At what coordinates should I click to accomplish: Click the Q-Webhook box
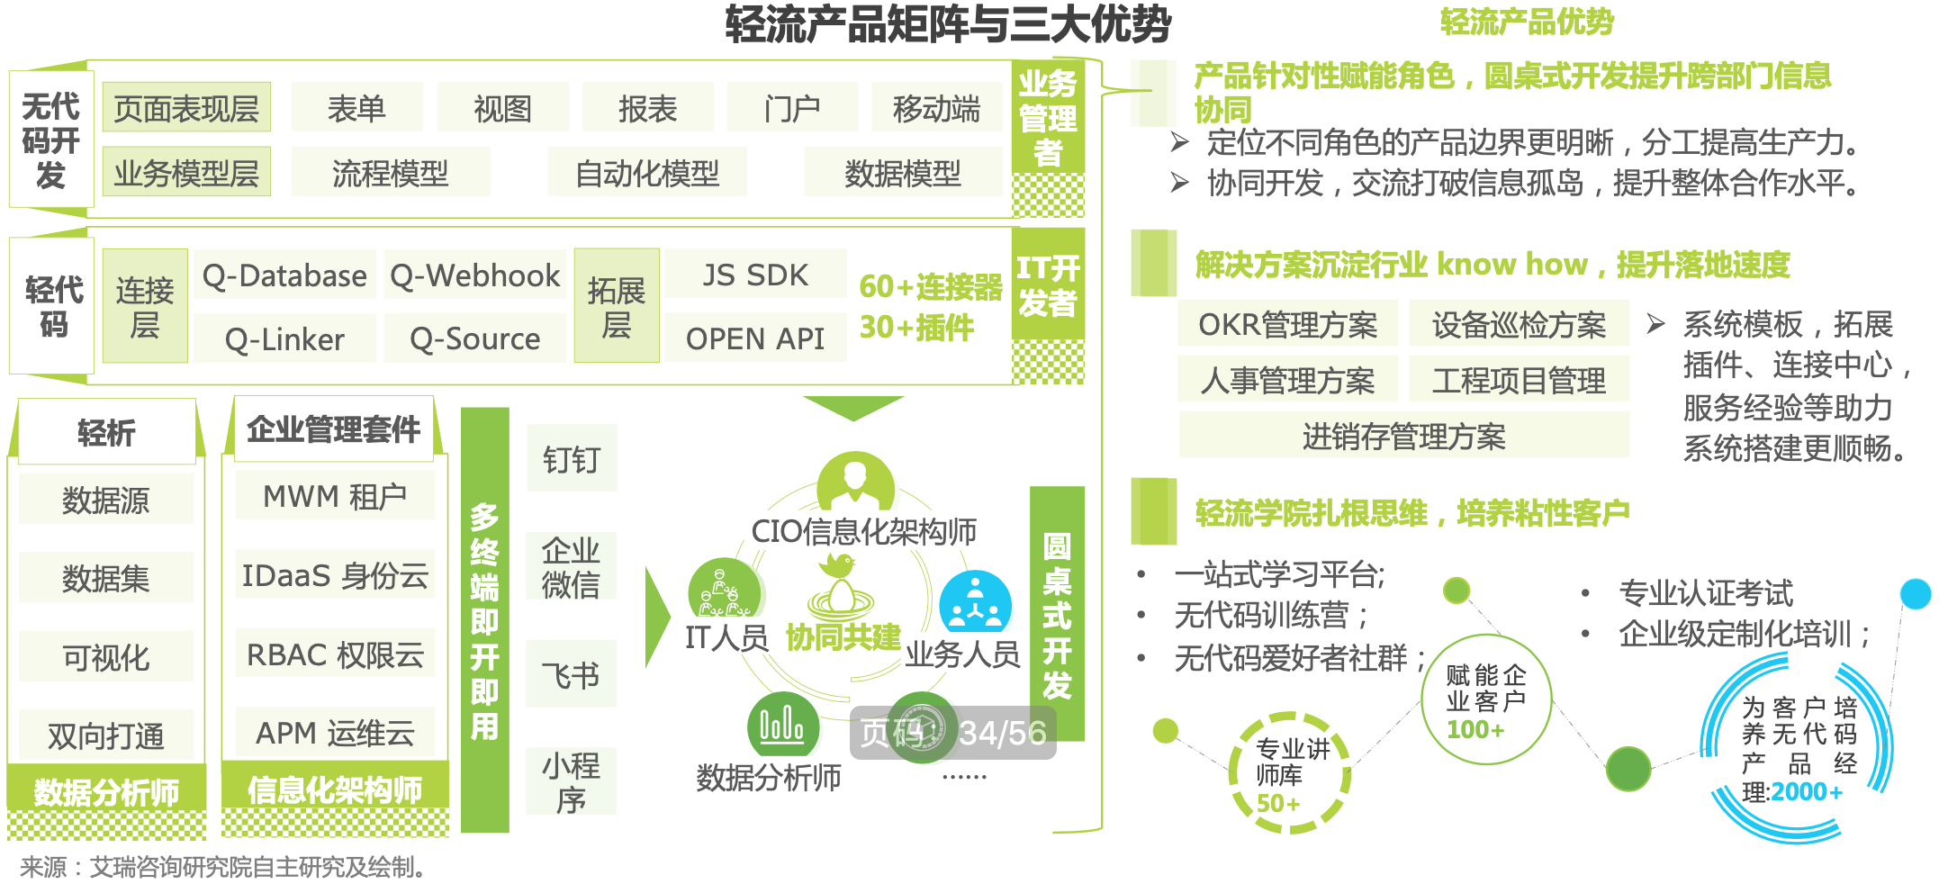(475, 275)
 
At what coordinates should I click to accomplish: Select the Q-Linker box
(284, 338)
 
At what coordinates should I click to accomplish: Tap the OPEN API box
(755, 338)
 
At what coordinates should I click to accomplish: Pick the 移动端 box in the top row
(936, 108)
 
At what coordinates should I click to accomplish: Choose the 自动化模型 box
(647, 172)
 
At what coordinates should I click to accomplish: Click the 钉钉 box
(571, 458)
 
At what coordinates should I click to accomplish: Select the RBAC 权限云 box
(335, 654)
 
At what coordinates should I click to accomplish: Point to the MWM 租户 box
(335, 495)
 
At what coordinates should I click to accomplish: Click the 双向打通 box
(106, 735)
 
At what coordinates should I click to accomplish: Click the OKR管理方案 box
(1287, 323)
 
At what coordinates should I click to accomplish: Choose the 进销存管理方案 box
(1403, 436)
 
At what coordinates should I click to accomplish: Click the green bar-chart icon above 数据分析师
(783, 726)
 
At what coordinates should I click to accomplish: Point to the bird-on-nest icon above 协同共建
(841, 585)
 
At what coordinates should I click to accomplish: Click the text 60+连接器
(931, 286)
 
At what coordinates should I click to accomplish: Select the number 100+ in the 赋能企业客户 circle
(1475, 729)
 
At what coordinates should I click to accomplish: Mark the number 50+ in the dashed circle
(1278, 803)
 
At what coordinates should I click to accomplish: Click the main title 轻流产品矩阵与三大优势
(948, 24)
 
